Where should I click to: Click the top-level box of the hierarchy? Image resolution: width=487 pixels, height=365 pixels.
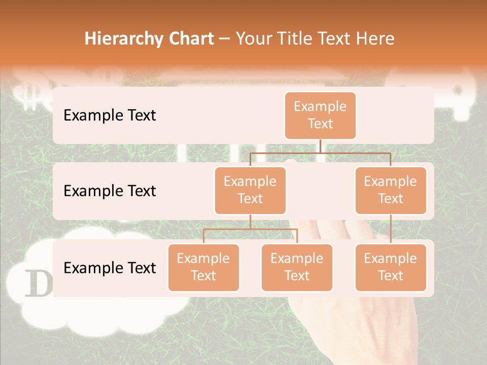tap(320, 115)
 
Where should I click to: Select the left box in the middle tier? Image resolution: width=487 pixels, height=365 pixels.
tap(250, 190)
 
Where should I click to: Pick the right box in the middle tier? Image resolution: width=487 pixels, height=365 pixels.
tap(391, 190)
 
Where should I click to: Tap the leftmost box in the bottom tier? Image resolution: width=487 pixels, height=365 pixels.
tap(203, 267)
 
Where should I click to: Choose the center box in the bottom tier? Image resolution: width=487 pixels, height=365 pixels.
tap(297, 267)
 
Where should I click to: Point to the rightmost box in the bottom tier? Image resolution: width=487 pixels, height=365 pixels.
tap(391, 267)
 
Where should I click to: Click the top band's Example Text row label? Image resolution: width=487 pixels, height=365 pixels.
tap(110, 116)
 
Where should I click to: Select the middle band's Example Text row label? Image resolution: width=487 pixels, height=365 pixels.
tap(110, 191)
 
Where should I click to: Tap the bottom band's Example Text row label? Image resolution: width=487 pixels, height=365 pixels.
tap(110, 268)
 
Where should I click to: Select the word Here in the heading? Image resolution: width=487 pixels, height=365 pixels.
tap(375, 39)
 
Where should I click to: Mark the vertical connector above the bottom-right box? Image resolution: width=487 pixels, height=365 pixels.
tap(391, 229)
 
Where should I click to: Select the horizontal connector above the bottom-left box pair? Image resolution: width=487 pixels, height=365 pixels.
tap(250, 229)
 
